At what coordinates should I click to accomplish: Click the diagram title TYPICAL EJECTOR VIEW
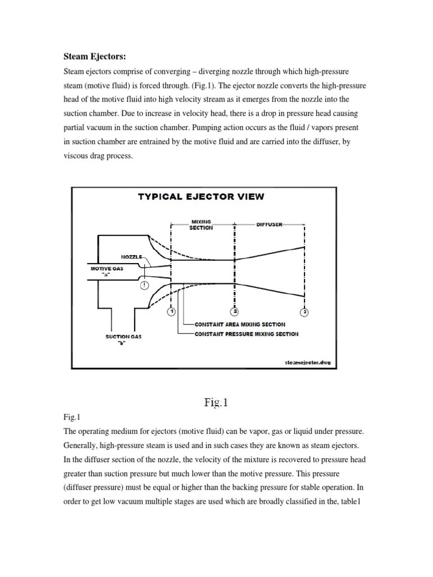(201, 197)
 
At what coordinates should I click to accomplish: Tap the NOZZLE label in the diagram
(132, 256)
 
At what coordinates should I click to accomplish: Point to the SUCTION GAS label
(124, 336)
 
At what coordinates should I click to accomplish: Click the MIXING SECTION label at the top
(201, 225)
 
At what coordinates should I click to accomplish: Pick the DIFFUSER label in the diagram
(269, 224)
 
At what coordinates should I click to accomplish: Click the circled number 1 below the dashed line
(171, 312)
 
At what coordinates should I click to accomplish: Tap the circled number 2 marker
(234, 312)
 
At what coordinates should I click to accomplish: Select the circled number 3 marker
(304, 312)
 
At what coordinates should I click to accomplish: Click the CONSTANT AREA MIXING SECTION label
(240, 325)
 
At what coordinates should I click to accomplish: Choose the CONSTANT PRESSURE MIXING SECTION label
(246, 334)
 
